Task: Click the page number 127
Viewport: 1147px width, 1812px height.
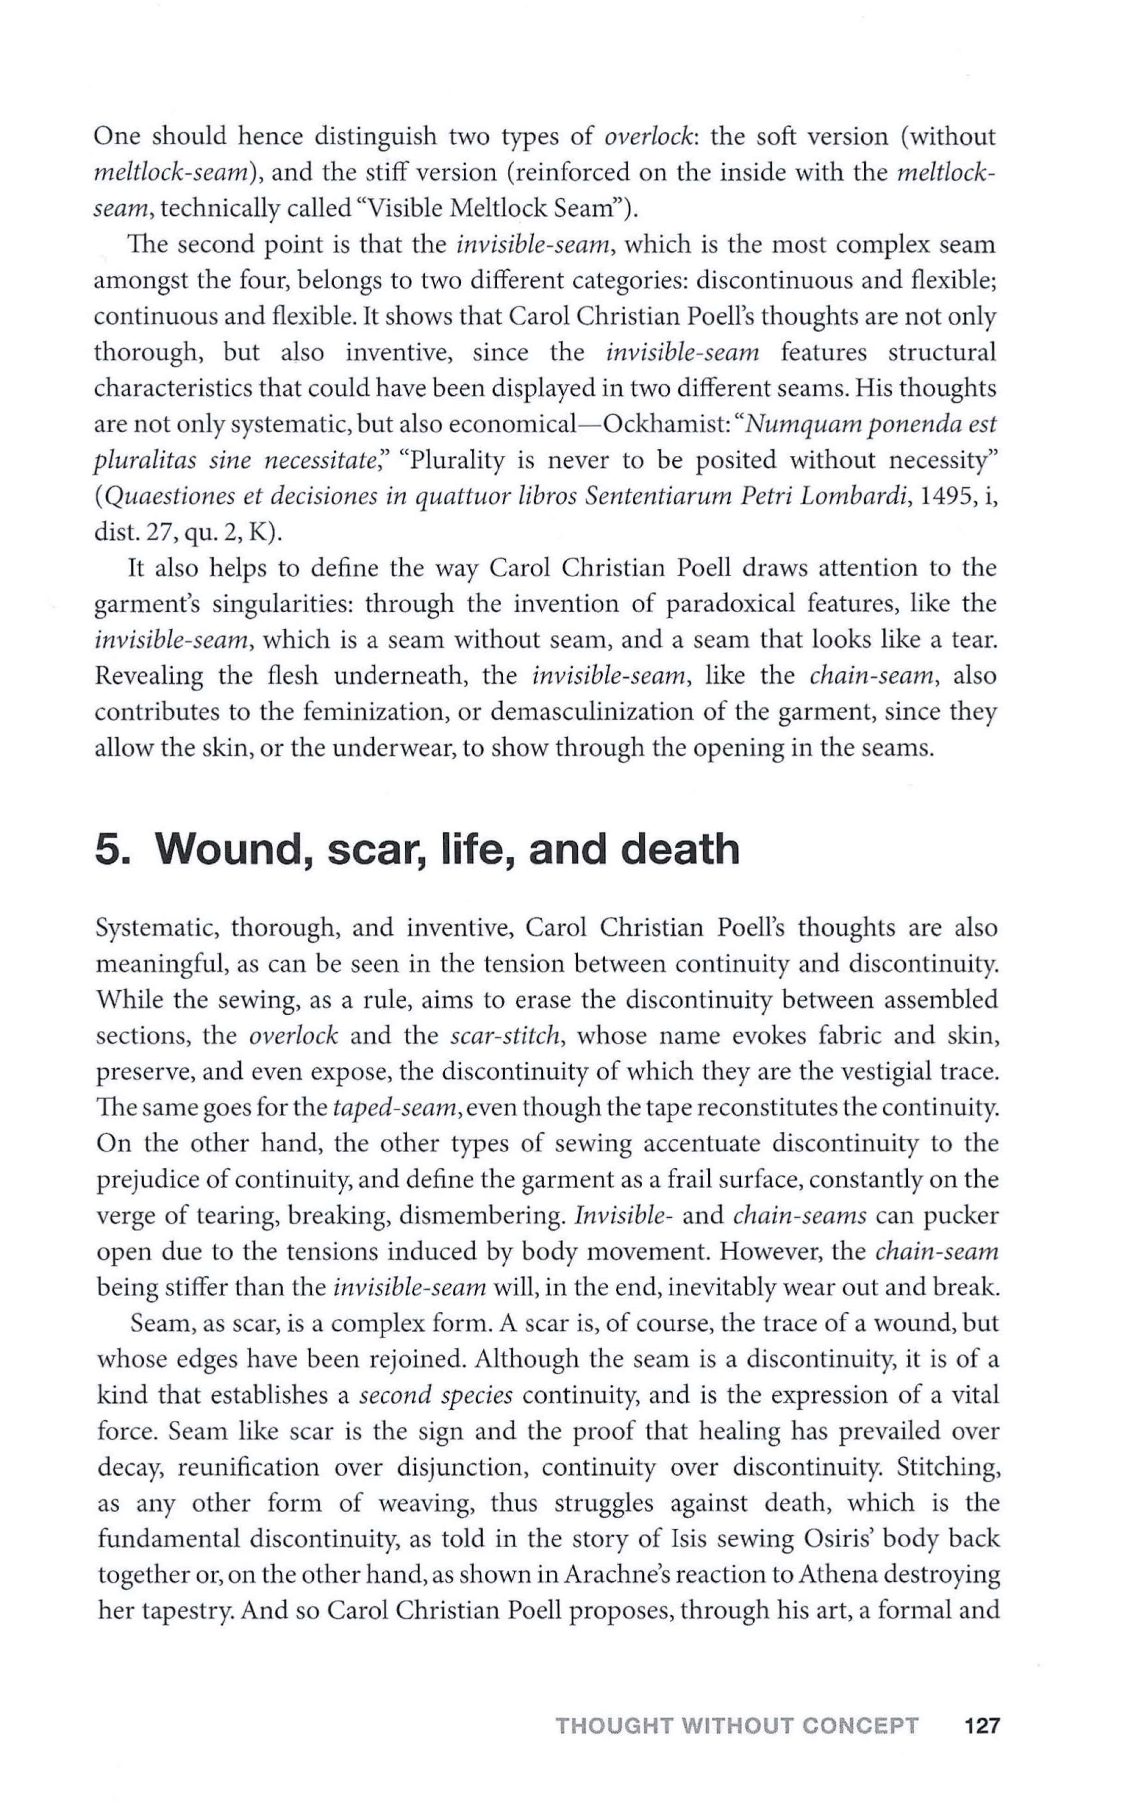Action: (981, 1705)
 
